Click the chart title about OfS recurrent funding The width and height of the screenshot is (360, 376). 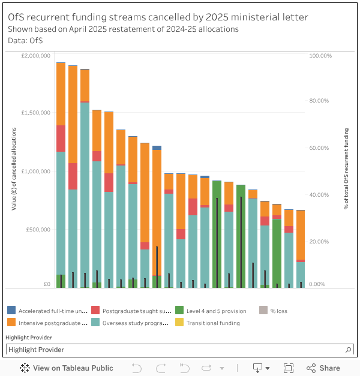point(158,17)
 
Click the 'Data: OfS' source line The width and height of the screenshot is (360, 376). point(25,40)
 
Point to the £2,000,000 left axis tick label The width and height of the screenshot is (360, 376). point(35,56)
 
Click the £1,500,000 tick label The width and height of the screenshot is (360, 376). point(35,113)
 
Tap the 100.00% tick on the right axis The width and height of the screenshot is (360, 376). point(320,56)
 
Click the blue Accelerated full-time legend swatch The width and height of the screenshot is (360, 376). point(11,311)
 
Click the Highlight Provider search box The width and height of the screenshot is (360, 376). point(174,350)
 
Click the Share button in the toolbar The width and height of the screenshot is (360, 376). point(323,368)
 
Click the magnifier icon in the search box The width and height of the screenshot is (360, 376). point(349,350)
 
